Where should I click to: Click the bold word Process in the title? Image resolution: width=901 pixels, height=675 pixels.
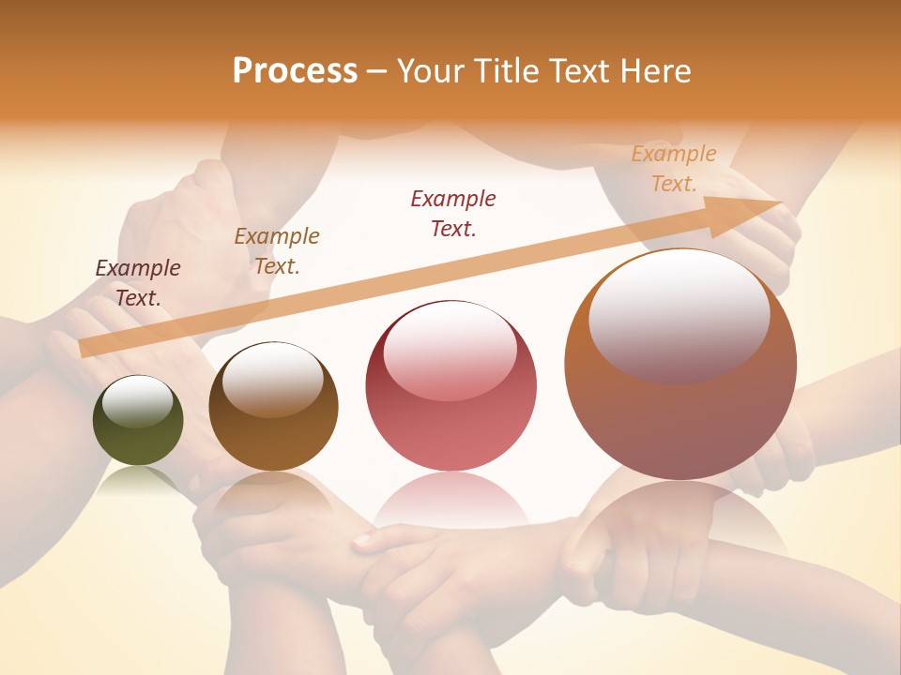pyautogui.click(x=295, y=71)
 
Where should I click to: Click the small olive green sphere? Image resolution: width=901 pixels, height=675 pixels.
pyautogui.click(x=138, y=436)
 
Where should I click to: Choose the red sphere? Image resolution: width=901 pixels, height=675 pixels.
pyautogui.click(x=450, y=422)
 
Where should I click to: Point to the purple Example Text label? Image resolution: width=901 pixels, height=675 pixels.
pyautogui.click(x=138, y=282)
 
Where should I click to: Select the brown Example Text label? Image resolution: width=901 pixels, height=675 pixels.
pyautogui.click(x=277, y=250)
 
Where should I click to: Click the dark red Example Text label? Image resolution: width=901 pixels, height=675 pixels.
pyautogui.click(x=453, y=213)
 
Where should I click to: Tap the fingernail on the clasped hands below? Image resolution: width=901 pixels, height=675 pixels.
pyautogui.click(x=363, y=539)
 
